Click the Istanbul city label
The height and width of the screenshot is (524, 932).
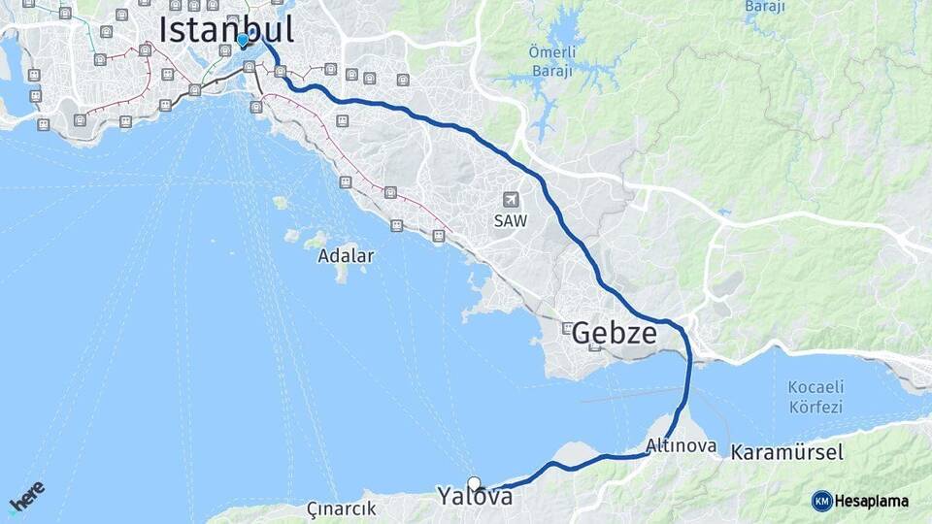(x=226, y=29)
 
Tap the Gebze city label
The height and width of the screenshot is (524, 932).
(x=614, y=334)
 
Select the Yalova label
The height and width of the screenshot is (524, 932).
(x=475, y=497)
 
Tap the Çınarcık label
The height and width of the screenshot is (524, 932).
(x=341, y=508)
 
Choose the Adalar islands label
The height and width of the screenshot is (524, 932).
(x=346, y=257)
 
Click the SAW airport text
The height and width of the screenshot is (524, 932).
(x=510, y=221)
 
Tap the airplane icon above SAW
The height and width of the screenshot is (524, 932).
(x=510, y=200)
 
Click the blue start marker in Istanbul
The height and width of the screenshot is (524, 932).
(x=242, y=40)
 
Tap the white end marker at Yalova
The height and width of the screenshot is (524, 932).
(x=474, y=483)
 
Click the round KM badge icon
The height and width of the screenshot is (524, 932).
(x=821, y=501)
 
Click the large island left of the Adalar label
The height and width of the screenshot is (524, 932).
(x=316, y=240)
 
